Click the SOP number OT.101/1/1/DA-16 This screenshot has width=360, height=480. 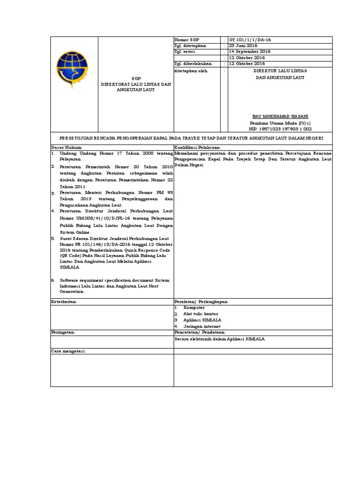[x=249, y=40]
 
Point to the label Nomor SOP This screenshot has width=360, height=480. [x=187, y=40]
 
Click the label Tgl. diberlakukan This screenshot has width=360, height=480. [x=193, y=63]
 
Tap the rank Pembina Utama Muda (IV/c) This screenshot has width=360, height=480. [x=279, y=122]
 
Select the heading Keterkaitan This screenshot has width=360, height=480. [x=63, y=301]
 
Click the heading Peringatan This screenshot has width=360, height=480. [x=63, y=331]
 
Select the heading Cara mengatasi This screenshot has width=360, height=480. [x=67, y=350]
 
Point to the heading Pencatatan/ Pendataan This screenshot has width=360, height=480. [x=200, y=331]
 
